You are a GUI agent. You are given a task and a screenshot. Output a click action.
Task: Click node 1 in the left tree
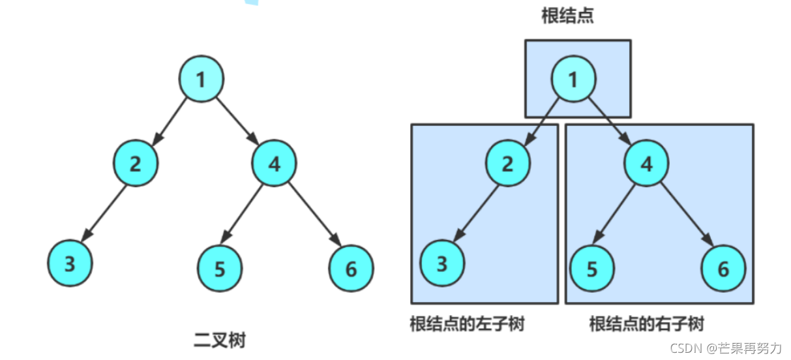tap(201, 79)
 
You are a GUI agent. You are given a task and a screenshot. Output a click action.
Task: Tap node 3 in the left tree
tap(70, 263)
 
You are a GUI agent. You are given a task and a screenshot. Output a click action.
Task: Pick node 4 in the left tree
tap(274, 164)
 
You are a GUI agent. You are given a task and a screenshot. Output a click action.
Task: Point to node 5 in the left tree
tap(220, 269)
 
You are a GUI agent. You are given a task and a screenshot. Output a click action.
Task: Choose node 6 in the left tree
tap(351, 269)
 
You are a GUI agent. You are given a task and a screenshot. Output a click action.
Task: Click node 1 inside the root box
tap(573, 80)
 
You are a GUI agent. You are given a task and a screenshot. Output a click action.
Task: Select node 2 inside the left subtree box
tap(507, 164)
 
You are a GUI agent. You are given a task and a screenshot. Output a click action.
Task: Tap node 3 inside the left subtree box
tap(442, 263)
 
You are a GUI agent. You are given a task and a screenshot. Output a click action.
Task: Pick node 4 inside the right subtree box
tap(646, 164)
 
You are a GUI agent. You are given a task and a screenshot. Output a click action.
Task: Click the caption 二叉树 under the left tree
tap(220, 340)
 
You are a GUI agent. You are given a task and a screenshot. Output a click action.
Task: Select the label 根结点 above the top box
tap(567, 16)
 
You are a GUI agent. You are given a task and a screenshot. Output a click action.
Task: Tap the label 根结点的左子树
tap(467, 323)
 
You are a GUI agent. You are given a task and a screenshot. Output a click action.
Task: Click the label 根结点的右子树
tap(646, 323)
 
